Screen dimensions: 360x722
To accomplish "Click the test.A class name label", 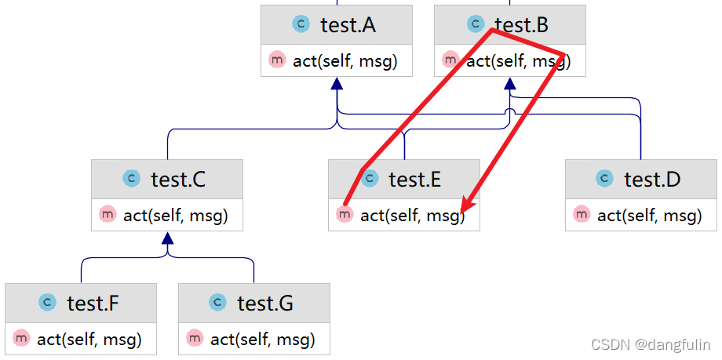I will click(348, 25).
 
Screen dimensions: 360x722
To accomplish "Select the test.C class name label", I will click(178, 180).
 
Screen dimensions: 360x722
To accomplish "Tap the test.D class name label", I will click(652, 180).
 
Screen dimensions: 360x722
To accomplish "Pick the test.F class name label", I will click(93, 303).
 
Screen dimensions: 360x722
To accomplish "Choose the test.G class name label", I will click(265, 303).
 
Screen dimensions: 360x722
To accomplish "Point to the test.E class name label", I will click(414, 180).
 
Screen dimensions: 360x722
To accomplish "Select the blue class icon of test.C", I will click(131, 179).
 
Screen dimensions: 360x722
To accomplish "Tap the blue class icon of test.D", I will click(604, 179).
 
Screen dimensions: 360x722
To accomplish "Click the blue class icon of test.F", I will click(47, 302).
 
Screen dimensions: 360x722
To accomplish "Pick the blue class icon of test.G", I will click(218, 302).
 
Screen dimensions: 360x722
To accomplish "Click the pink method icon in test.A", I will click(276, 60).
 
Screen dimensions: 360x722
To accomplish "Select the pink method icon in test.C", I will click(107, 214).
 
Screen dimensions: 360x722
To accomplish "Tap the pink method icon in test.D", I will click(581, 214).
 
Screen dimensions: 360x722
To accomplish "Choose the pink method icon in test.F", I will click(21, 339).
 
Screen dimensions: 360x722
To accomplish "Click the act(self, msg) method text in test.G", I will click(263, 340).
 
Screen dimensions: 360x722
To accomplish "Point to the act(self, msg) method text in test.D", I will click(650, 215).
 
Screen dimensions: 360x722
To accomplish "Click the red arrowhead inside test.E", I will click(468, 206).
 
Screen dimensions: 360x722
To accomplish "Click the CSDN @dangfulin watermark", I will click(651, 344).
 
